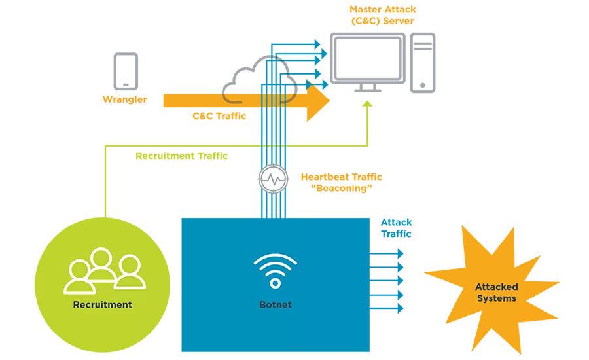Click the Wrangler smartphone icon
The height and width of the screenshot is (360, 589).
(x=126, y=71)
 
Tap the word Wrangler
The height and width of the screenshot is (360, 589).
(x=125, y=99)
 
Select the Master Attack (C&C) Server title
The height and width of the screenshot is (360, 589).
(x=382, y=15)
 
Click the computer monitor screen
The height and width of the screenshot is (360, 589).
(x=368, y=58)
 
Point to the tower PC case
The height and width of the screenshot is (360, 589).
(x=423, y=63)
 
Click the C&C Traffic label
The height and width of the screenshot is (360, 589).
(x=219, y=116)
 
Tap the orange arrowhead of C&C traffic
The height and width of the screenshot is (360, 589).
(x=318, y=101)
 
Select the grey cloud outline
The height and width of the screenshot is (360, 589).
(x=259, y=80)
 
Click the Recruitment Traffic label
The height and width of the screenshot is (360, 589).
(x=181, y=156)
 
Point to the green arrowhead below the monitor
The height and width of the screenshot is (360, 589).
(x=367, y=103)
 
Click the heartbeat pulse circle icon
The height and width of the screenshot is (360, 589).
(x=274, y=179)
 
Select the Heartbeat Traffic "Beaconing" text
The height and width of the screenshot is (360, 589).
(x=342, y=183)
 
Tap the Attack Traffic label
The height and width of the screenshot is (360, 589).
(x=397, y=228)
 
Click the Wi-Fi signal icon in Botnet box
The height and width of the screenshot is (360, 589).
(x=276, y=271)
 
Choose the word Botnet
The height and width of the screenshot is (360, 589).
(x=276, y=305)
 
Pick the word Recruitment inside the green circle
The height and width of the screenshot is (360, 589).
(x=102, y=305)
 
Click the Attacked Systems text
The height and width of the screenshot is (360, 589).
(x=497, y=293)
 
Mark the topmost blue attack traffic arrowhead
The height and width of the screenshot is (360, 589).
(x=401, y=254)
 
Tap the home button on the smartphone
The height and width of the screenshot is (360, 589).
(x=126, y=85)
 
